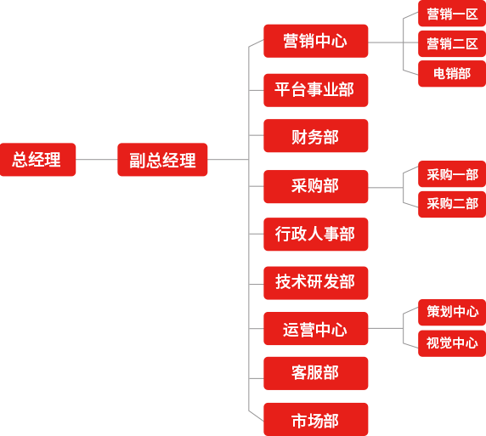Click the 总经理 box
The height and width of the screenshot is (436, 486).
click(38, 160)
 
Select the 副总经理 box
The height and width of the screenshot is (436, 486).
click(162, 160)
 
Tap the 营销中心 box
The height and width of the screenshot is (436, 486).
click(316, 41)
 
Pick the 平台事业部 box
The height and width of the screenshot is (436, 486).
click(316, 90)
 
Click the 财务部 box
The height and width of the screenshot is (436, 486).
click(316, 135)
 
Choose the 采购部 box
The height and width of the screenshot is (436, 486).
click(316, 186)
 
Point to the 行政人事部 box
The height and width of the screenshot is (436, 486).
click(316, 234)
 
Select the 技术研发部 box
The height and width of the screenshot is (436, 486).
click(316, 283)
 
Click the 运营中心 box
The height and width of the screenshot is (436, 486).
click(316, 328)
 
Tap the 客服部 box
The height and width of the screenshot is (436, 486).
click(316, 373)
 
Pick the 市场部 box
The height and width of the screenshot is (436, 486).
click(316, 419)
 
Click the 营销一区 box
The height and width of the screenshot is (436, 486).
click(452, 14)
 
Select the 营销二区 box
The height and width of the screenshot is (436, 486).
click(452, 43)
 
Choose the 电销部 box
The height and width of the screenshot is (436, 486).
click(452, 73)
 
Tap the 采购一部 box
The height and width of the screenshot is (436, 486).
click(452, 174)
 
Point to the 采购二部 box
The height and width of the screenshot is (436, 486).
click(452, 204)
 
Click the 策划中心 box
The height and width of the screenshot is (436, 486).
click(452, 312)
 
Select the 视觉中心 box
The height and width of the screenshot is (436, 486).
click(452, 343)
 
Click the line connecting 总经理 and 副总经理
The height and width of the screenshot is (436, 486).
click(96, 160)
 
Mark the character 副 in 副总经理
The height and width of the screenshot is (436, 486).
click(137, 160)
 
